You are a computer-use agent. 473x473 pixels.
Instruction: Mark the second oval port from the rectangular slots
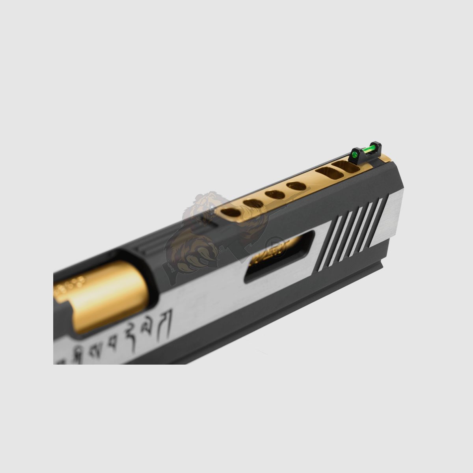[x=272, y=194]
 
